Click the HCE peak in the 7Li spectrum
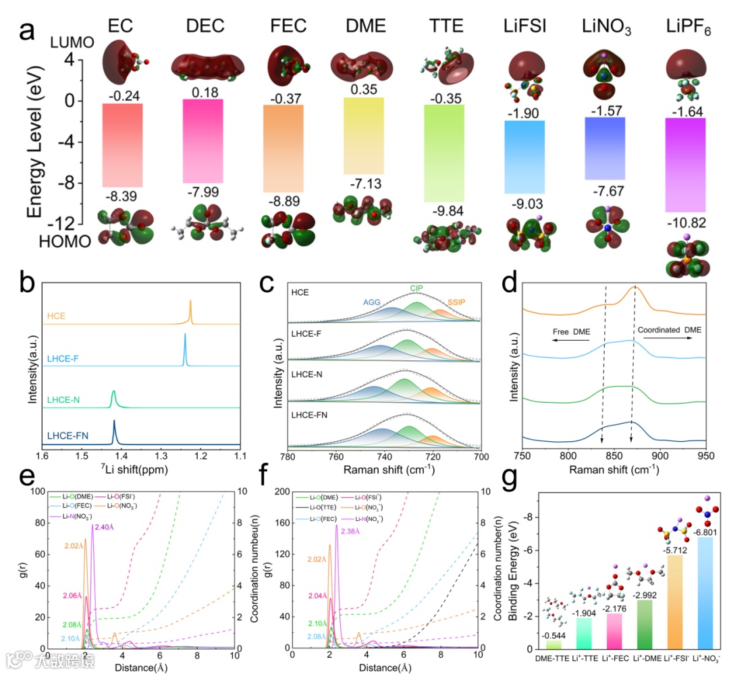[190, 312]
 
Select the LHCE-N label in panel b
[65, 400]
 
